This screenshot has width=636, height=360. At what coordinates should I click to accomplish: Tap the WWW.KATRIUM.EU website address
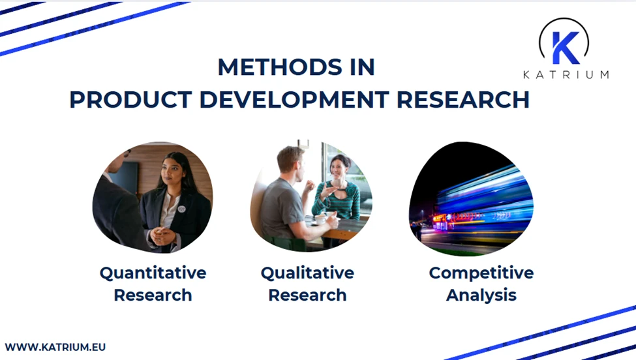[x=55, y=347]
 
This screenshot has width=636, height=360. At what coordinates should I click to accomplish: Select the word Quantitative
[x=153, y=273]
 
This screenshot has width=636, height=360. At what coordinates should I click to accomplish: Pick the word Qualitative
[x=307, y=273]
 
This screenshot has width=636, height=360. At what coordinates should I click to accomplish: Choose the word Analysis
[x=481, y=295]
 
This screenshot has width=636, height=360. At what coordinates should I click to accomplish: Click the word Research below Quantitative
[x=153, y=295]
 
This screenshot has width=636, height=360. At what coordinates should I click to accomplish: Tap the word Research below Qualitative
[x=307, y=295]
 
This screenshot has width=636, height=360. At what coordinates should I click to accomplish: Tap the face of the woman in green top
[x=340, y=170]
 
